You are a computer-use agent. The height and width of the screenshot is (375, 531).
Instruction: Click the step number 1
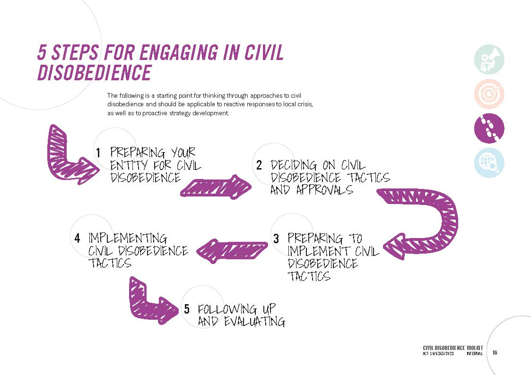(x=98, y=153)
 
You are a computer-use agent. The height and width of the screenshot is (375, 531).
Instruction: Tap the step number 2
(x=259, y=165)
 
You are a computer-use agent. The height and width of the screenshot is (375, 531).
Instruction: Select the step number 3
(x=276, y=239)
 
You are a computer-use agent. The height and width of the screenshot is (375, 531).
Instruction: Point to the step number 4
(x=77, y=238)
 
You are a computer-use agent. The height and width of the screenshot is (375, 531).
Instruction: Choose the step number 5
(x=187, y=309)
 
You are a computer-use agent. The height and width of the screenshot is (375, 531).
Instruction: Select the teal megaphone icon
(x=489, y=60)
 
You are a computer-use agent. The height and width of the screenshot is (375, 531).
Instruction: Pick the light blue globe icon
(x=489, y=163)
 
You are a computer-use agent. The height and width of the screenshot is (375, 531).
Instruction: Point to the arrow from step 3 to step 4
(x=231, y=251)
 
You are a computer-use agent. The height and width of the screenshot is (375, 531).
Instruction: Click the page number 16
(x=495, y=353)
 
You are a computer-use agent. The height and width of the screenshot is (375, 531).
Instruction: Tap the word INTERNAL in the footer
(x=474, y=354)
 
